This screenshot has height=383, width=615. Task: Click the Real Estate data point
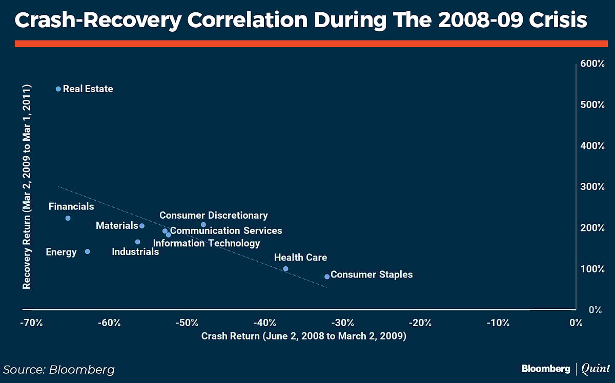point(58,89)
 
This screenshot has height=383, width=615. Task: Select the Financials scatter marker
point(68,218)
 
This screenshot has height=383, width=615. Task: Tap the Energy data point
point(87,251)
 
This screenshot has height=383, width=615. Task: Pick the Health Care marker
point(285,269)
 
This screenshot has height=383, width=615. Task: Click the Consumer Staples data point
point(327,276)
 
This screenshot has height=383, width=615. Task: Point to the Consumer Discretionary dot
point(203,224)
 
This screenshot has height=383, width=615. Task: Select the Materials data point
point(142,226)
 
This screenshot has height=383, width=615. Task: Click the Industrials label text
point(135,252)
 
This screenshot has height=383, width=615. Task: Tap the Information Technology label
point(207,243)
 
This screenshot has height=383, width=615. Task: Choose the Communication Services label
point(226,231)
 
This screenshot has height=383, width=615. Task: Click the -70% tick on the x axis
point(31,323)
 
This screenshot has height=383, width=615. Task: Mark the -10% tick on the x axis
point(498,323)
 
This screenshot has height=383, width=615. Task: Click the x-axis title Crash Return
point(303,336)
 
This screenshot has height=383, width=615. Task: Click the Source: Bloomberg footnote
point(59,370)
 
